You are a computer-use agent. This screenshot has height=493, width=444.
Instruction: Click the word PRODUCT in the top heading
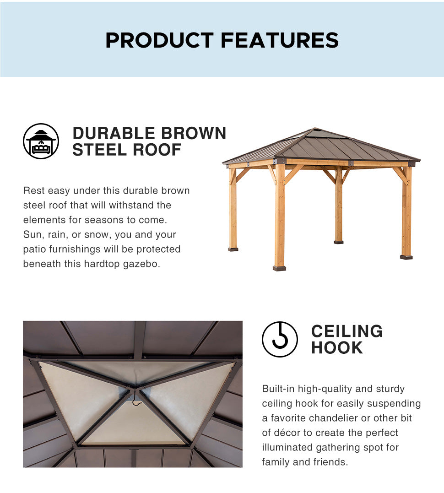pyautogui.click(x=159, y=40)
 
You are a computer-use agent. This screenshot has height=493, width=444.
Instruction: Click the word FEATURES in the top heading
pyautogui.click(x=280, y=40)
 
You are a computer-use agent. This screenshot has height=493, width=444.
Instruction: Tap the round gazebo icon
pyautogui.click(x=41, y=141)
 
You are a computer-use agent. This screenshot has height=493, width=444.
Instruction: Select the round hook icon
pyautogui.click(x=280, y=339)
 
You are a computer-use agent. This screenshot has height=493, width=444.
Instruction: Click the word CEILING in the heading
pyautogui.click(x=347, y=331)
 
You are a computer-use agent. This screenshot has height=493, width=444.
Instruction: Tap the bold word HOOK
pyautogui.click(x=337, y=348)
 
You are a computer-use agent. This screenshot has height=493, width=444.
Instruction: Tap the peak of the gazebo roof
pyautogui.click(x=315, y=128)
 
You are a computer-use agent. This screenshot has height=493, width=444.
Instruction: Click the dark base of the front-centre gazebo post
pyautogui.click(x=279, y=268)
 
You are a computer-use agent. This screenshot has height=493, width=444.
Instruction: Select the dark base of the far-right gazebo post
pyautogui.click(x=406, y=257)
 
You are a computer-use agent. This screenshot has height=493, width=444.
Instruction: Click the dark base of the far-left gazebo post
pyautogui.click(x=233, y=249)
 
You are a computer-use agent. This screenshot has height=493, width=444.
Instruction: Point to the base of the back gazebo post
pyautogui.click(x=339, y=242)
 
